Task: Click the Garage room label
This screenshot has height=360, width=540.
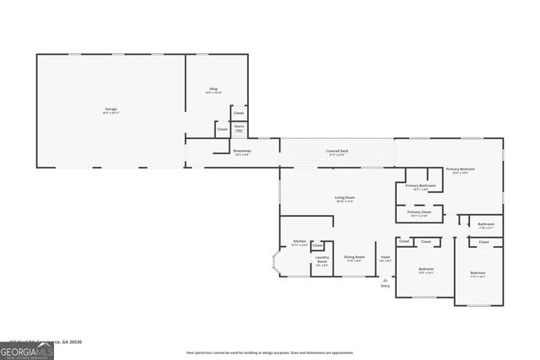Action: point(111,110)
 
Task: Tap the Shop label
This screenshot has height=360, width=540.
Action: point(213,89)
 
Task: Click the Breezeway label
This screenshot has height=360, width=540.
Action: point(242,153)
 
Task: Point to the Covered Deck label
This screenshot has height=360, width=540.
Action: point(337,152)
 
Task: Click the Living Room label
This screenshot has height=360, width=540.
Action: point(345,198)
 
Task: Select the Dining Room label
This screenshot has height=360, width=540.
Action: point(354,258)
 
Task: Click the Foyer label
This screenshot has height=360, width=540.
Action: point(385,257)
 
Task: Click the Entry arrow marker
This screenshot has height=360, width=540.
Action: point(386,279)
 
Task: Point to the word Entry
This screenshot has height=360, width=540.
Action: point(386,287)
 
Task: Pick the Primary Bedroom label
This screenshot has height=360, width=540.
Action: point(461,170)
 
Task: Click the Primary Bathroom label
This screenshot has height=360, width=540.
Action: point(420,186)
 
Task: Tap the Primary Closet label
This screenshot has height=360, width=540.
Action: point(419,213)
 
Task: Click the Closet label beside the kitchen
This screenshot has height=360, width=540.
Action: point(317,245)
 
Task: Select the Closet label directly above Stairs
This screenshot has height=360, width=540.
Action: point(239,113)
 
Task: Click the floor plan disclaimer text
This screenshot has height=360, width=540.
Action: point(270,352)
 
